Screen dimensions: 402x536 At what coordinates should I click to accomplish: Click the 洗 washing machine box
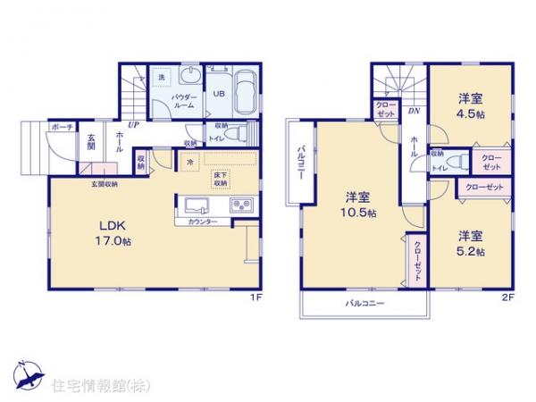click(162, 78)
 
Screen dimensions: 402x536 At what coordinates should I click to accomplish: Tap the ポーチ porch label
click(62, 128)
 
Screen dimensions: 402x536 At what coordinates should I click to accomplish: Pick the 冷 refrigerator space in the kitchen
click(191, 162)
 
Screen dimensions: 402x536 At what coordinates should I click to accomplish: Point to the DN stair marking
click(415, 111)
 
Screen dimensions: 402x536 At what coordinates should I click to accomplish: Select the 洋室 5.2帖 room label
click(471, 244)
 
